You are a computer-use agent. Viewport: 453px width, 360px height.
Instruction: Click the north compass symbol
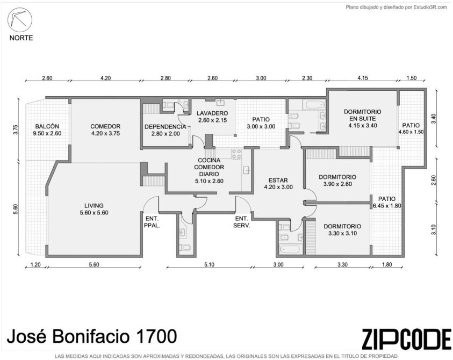pyautogui.click(x=20, y=20)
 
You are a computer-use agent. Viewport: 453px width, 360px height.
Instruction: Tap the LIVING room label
pyautogui.click(x=94, y=209)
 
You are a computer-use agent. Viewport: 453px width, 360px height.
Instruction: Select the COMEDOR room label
pyautogui.click(x=105, y=129)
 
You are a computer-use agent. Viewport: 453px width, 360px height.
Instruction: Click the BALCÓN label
pyautogui.click(x=47, y=129)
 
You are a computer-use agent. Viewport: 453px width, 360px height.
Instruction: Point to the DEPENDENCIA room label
pyautogui.click(x=166, y=130)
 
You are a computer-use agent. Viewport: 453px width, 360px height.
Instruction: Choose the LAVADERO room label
pyautogui.click(x=212, y=117)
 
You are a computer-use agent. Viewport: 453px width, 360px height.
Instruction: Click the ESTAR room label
pyautogui.click(x=278, y=183)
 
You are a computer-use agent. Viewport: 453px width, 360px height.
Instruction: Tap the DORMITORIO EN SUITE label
pyautogui.click(x=363, y=118)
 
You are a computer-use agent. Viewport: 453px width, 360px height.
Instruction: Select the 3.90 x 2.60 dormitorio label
pyautogui.click(x=337, y=181)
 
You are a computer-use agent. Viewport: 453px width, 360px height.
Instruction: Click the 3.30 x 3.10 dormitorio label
pyautogui.click(x=342, y=229)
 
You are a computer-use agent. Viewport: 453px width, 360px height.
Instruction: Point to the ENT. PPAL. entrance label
pyautogui.click(x=152, y=222)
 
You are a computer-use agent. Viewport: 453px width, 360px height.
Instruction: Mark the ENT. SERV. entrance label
pyautogui.click(x=242, y=222)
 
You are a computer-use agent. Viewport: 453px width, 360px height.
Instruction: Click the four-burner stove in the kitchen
pyautogui.click(x=236, y=154)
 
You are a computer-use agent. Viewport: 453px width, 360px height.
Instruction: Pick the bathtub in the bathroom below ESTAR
pyautogui.click(x=291, y=249)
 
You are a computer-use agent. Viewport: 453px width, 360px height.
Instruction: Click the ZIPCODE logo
pyautogui.click(x=406, y=339)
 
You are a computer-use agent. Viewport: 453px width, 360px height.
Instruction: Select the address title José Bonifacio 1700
pyautogui.click(x=92, y=336)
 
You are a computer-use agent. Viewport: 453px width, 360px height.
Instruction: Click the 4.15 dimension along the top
pyautogui.click(x=363, y=78)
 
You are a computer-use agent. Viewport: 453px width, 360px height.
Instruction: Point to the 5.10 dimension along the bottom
pyautogui.click(x=209, y=264)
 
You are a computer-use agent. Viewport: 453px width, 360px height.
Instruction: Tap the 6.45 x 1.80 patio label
pyautogui.click(x=387, y=202)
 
